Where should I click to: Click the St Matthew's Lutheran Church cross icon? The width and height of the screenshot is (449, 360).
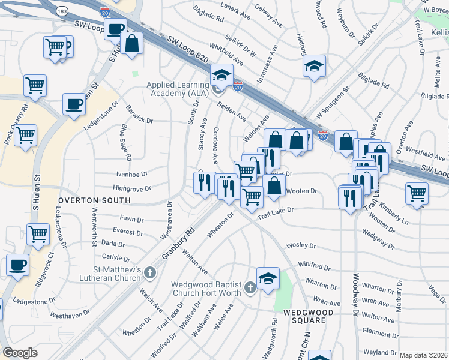[x=150, y=273]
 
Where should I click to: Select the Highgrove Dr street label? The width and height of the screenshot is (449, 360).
[x=131, y=188]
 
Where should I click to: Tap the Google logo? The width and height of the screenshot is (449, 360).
[x=20, y=353]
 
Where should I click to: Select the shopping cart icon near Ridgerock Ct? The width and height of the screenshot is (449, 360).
[x=38, y=234]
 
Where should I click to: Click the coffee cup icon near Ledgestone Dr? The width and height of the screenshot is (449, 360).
[x=74, y=104]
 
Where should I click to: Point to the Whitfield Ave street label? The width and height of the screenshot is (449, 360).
[x=226, y=54]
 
